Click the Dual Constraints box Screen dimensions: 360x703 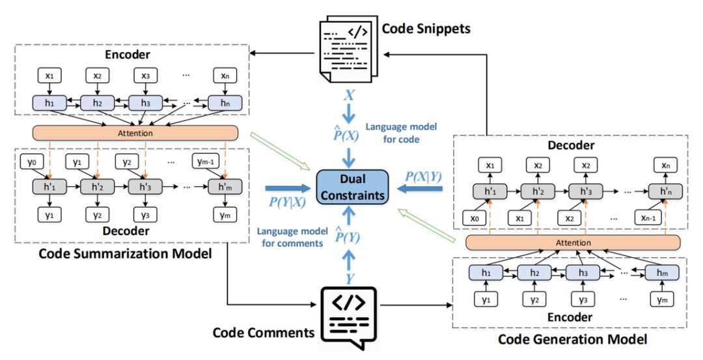click(x=351, y=186)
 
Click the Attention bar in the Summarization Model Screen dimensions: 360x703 click(x=135, y=133)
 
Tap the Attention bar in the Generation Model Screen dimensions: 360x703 click(x=573, y=242)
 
